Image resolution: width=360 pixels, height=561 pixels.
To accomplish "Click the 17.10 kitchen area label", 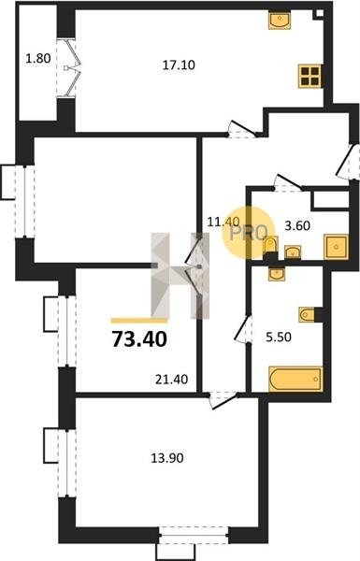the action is pos(179,65).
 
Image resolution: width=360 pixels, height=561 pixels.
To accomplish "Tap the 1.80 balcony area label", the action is pos(38,58).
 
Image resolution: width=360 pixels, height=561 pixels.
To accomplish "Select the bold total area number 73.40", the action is pos(139,339).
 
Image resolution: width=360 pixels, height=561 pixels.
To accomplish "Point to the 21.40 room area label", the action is pos(171,380).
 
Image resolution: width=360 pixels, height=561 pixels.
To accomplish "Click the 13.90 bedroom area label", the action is pos(167,458).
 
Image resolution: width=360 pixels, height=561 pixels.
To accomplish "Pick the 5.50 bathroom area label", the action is pos(278,337).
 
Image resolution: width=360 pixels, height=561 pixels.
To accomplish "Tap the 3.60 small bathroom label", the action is pos(297,225).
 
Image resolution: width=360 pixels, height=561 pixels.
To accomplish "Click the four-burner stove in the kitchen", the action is pos(310,77).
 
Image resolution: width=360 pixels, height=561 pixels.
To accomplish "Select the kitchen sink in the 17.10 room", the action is pos(280,20).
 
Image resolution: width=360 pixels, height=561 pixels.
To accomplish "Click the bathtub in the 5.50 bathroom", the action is pos(295,379).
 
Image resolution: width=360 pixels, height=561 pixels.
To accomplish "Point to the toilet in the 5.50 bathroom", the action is pos(308,315).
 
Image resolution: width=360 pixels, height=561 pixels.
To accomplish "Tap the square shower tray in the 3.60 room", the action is pos(336,247).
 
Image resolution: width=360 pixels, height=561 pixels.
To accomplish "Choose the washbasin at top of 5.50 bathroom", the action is pos(276,274).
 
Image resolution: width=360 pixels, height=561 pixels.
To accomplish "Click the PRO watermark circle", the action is pos(249,233).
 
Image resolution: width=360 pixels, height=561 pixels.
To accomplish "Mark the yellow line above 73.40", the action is pos(139,321).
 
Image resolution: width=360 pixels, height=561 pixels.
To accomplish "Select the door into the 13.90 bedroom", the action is pos(223,400).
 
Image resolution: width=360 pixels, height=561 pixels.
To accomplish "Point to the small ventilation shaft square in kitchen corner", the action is pos(319,13).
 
